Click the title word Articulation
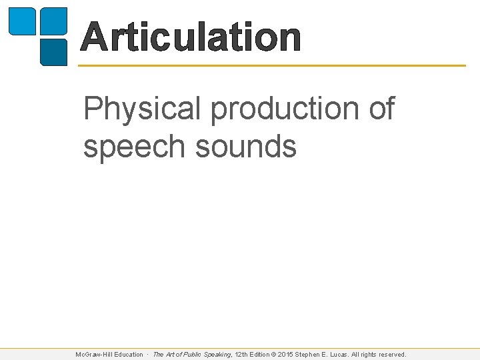click(x=191, y=37)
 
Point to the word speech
click(x=134, y=146)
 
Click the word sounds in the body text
click(x=245, y=146)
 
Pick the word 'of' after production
click(x=381, y=109)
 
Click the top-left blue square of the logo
click(x=21, y=21)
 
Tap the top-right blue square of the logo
click(x=54, y=21)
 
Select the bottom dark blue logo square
click(x=54, y=52)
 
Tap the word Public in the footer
click(x=192, y=355)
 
